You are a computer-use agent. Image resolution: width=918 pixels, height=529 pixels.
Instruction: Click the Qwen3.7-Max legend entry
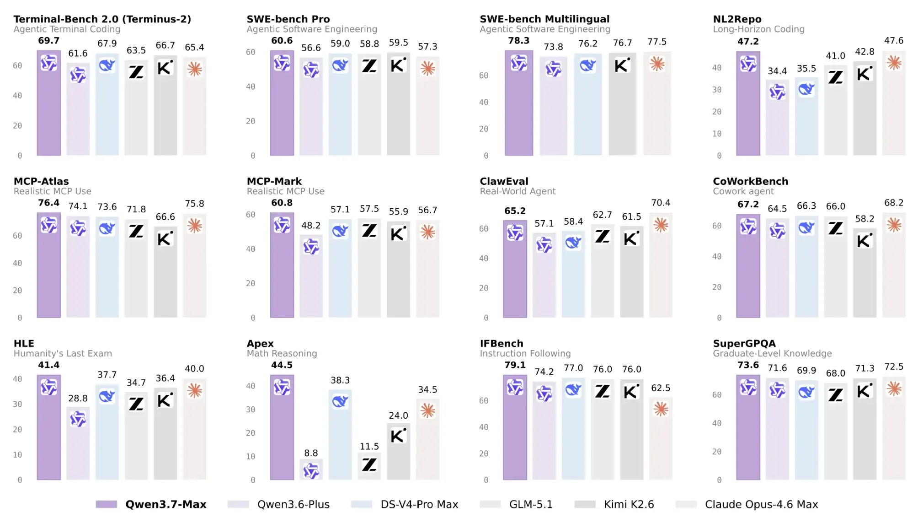pyautogui.click(x=151, y=504)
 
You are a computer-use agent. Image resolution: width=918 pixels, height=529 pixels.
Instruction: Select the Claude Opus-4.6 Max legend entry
pyautogui.click(x=747, y=504)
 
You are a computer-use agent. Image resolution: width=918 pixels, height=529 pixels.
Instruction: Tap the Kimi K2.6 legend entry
pyautogui.click(x=614, y=504)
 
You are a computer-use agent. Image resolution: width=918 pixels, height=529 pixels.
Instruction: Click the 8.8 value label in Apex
pyautogui.click(x=311, y=453)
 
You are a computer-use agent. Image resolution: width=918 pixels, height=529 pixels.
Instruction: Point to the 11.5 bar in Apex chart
pyautogui.click(x=369, y=466)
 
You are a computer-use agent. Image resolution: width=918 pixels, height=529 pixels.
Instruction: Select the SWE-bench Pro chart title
pyautogui.click(x=288, y=19)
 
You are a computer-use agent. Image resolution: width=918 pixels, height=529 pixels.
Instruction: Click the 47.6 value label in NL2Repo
pyautogui.click(x=894, y=41)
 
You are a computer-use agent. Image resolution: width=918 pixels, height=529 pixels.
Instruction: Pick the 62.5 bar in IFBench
pyautogui.click(x=661, y=438)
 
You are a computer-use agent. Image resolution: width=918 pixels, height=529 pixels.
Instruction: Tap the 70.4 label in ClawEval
pyautogui.click(x=661, y=203)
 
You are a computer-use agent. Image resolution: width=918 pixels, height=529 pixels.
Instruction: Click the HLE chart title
pyautogui.click(x=24, y=344)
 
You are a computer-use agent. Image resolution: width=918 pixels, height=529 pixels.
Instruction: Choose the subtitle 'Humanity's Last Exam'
pyautogui.click(x=63, y=353)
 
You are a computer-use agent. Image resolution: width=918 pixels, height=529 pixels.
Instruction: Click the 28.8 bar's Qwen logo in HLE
pyautogui.click(x=78, y=419)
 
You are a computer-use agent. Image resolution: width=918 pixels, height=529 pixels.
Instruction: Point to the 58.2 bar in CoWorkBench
pyautogui.click(x=865, y=273)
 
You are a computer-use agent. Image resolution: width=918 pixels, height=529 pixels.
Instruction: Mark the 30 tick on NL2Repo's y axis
pyautogui.click(x=716, y=90)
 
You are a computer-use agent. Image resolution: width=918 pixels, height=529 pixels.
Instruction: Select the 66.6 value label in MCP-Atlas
pyautogui.click(x=165, y=217)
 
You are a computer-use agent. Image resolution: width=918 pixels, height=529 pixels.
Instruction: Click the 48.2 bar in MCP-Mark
pyautogui.click(x=311, y=276)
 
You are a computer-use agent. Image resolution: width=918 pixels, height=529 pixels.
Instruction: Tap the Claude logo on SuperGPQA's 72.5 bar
pyautogui.click(x=894, y=389)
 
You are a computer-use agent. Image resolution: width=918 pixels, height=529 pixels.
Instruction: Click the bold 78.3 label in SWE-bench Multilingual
pyautogui.click(x=518, y=41)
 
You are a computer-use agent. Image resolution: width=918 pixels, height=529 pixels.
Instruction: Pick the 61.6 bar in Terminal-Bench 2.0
pyautogui.click(x=78, y=109)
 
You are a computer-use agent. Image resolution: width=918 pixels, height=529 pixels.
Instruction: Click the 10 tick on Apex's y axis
pyautogui.click(x=251, y=457)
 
